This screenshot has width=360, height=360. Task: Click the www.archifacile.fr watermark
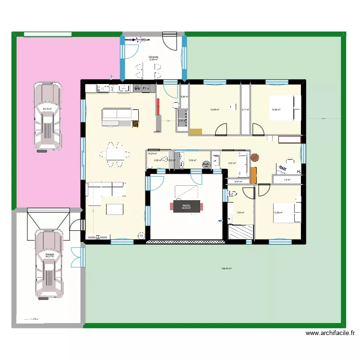(330, 333)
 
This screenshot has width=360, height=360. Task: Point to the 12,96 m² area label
(276, 109)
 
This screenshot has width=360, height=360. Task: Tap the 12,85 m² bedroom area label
(278, 213)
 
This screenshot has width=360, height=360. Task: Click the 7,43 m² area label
(240, 213)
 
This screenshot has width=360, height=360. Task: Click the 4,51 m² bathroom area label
(232, 163)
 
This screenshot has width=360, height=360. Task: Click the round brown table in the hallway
(254, 156)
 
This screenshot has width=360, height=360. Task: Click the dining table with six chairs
(115, 155)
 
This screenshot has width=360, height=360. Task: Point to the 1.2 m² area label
(287, 180)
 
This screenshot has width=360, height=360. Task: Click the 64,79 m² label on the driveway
(47, 109)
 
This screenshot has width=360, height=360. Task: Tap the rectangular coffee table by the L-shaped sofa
(115, 210)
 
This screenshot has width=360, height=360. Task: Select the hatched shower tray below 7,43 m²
(240, 232)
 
